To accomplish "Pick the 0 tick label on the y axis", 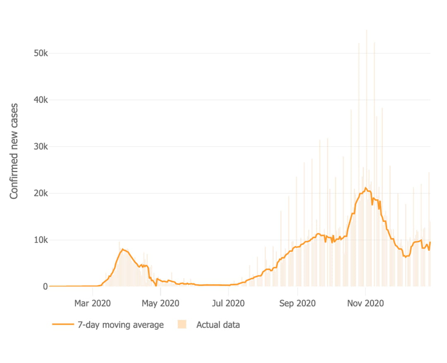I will (x=45, y=286).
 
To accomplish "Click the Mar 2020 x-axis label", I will (x=92, y=303).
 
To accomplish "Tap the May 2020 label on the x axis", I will (x=161, y=303).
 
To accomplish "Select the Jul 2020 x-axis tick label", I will (x=229, y=303).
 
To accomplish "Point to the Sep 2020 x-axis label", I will (x=298, y=303).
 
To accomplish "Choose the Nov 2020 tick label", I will (x=365, y=303).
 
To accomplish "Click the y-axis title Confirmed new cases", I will (x=14, y=151).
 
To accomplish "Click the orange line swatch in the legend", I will (x=62, y=325).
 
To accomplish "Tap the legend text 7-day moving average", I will (x=120, y=325).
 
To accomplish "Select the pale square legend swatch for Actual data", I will (x=182, y=325).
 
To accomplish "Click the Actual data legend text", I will (x=218, y=325).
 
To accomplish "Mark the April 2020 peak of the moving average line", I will (x=123, y=249).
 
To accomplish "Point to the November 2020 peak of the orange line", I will (x=365, y=188).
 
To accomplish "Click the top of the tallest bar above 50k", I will (x=366, y=30).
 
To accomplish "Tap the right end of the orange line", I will (x=430, y=242).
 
